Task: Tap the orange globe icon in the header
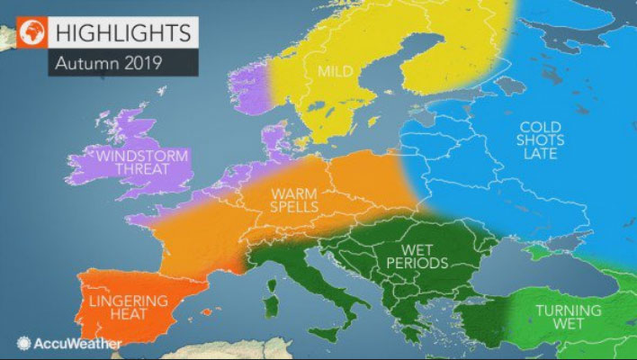click(34, 32)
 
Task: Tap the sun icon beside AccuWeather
click(22, 343)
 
